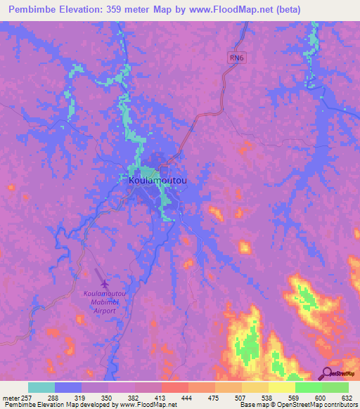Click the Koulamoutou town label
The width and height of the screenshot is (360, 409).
[158, 181]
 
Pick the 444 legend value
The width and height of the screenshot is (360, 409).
[187, 396]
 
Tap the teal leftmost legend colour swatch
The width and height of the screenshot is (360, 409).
[41, 387]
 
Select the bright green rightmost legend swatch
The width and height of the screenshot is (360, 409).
[335, 387]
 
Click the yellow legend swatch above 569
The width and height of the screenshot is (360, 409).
[282, 387]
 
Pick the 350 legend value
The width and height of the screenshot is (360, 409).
[107, 396]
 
